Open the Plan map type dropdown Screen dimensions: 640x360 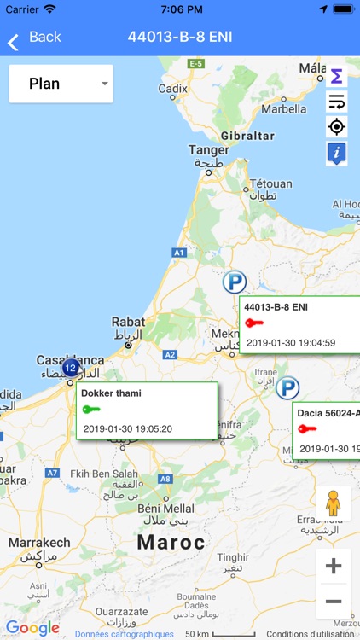tap(61, 84)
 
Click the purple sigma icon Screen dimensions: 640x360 tap(336, 77)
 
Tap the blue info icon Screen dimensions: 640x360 tap(336, 153)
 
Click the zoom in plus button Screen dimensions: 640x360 tap(334, 566)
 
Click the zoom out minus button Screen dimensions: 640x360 tap(334, 602)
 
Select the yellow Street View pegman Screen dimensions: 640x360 tap(334, 503)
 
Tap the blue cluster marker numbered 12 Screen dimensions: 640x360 tap(71, 368)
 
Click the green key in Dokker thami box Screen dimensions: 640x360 tap(91, 410)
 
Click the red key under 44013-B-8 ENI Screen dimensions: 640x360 tap(255, 323)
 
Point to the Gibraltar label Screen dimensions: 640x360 tap(248, 136)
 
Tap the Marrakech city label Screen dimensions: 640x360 tap(39, 542)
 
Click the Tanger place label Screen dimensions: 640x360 tap(209, 150)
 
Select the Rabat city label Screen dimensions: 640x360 tap(128, 322)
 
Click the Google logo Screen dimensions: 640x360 tap(33, 628)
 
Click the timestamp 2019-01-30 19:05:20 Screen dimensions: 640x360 tap(128, 428)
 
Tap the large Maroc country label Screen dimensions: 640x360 tap(171, 542)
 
